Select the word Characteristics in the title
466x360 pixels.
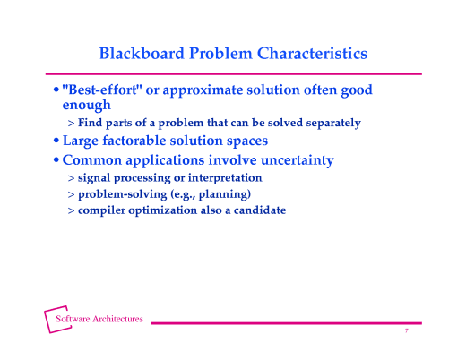point(311,54)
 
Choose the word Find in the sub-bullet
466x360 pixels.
point(91,122)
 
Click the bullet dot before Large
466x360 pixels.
point(56,141)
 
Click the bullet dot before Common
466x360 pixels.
point(56,161)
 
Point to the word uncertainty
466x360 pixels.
point(291,160)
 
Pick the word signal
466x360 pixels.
point(96,178)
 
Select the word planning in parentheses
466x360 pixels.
point(220,194)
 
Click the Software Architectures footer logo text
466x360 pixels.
point(99,320)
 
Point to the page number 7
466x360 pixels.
point(406,331)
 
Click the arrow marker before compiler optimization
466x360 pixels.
point(71,210)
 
